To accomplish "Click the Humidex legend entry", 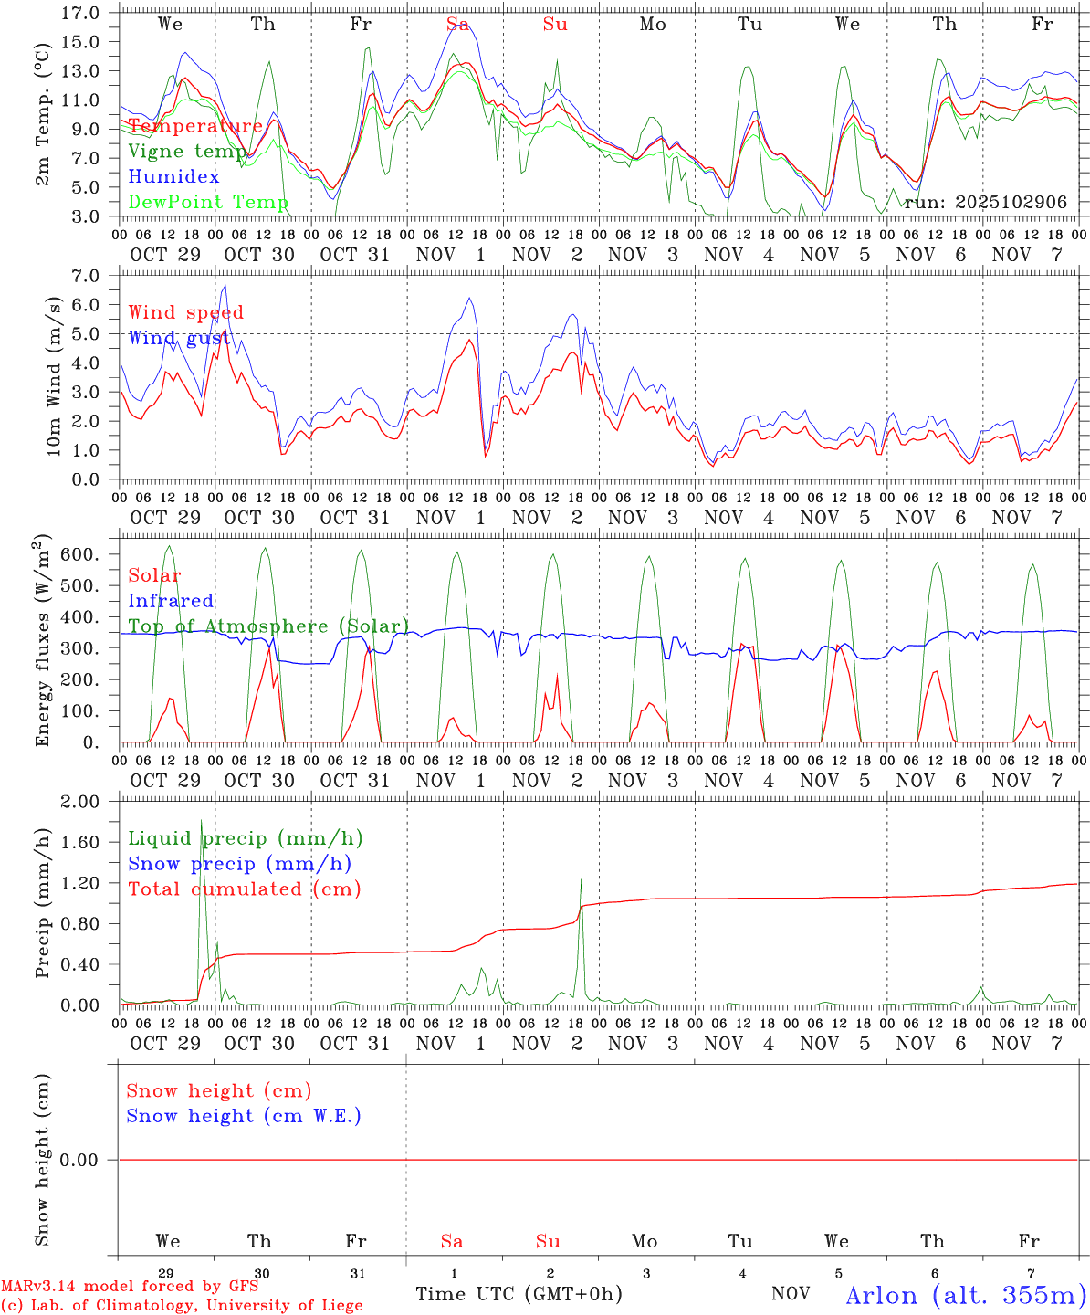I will [x=173, y=176].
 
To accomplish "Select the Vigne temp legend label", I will [x=186, y=151].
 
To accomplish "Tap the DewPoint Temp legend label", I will [x=208, y=202].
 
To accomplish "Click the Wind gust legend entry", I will [x=179, y=338].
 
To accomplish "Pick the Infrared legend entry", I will [x=171, y=601].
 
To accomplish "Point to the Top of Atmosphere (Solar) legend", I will [x=268, y=626].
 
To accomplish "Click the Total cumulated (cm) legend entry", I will [x=244, y=889].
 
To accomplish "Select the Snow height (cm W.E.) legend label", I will [x=244, y=1116].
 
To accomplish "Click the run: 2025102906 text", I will [x=985, y=203].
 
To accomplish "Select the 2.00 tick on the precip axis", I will [x=80, y=802].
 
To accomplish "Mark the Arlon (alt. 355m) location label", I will [x=966, y=1294].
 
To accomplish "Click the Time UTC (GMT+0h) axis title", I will [x=519, y=1294].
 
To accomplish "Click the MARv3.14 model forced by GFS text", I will [x=130, y=1287].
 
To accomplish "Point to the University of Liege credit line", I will [x=182, y=1305].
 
